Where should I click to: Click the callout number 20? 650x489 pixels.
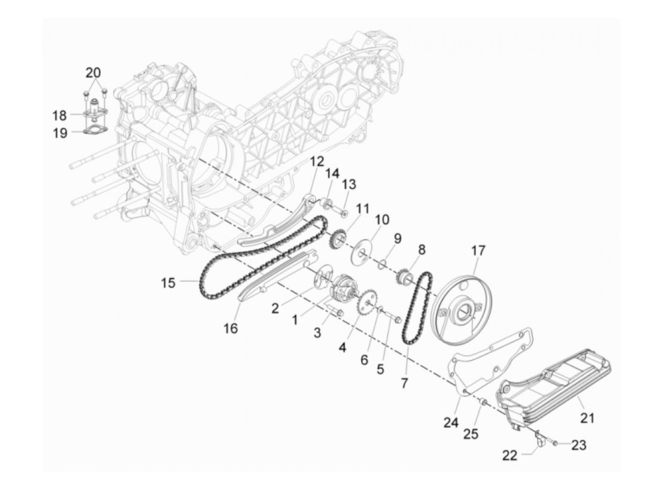coord(93,73)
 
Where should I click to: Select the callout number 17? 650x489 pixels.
coord(478,251)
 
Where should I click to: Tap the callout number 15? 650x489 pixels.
coord(169,282)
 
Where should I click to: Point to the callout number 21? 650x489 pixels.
coord(587,418)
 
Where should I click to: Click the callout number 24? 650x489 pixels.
coord(451,423)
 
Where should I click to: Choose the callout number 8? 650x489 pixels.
coord(421,250)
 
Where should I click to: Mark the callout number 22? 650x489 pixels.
coord(509,456)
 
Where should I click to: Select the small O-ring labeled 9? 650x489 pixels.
coord(380,264)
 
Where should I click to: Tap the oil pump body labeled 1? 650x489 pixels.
coord(344,288)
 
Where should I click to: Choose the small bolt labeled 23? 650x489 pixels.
coord(556,444)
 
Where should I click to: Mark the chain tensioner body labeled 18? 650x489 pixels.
coord(95,109)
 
